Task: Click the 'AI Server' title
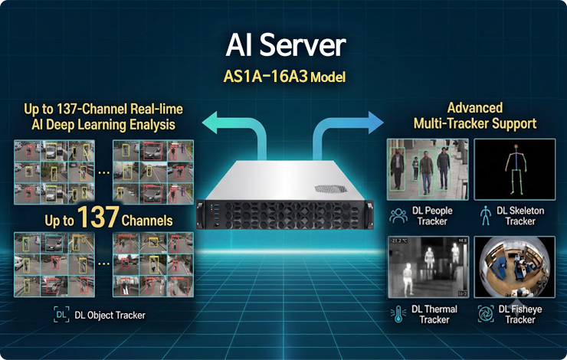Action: click(286, 45)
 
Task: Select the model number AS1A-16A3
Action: click(265, 77)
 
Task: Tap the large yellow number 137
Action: click(98, 217)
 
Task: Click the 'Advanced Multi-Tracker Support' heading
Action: click(475, 116)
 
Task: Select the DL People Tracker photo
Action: click(428, 169)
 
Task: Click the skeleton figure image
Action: click(515, 169)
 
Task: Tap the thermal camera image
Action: click(428, 267)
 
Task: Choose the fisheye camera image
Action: click(515, 267)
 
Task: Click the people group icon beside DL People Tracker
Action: click(398, 216)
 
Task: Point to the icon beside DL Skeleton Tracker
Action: click(485, 216)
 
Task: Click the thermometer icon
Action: click(398, 314)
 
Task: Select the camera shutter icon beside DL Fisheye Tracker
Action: click(486, 313)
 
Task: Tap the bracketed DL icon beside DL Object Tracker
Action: click(61, 315)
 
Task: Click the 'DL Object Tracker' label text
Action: click(110, 315)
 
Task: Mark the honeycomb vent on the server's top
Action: click(331, 188)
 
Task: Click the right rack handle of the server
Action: click(369, 214)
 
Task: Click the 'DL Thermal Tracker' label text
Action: click(434, 315)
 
